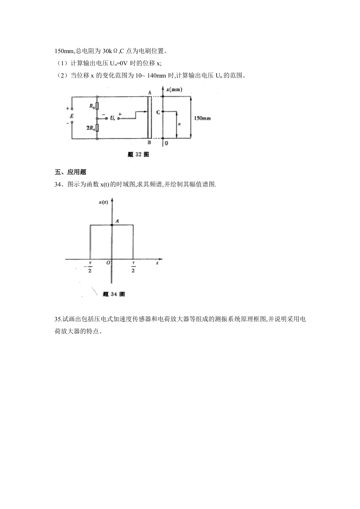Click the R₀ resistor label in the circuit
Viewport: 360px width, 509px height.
92,107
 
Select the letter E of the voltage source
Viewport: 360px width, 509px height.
71,116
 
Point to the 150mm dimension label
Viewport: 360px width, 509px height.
202,117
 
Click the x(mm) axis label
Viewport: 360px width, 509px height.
174,90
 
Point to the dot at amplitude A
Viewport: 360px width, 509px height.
111,225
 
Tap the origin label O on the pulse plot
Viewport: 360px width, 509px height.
108,263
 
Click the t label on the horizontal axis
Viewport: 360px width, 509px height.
157,263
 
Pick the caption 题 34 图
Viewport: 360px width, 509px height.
114,294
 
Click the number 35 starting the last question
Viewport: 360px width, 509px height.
58,319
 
